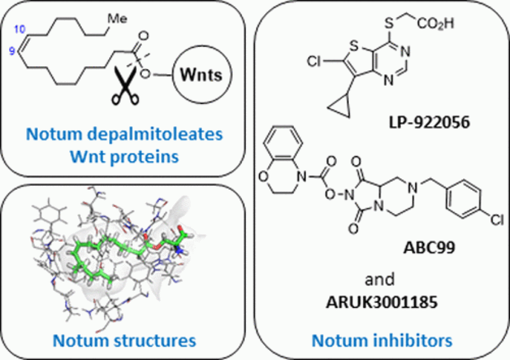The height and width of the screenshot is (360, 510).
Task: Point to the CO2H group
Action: coord(436,22)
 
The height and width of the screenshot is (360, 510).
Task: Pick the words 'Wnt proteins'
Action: coord(125,156)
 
